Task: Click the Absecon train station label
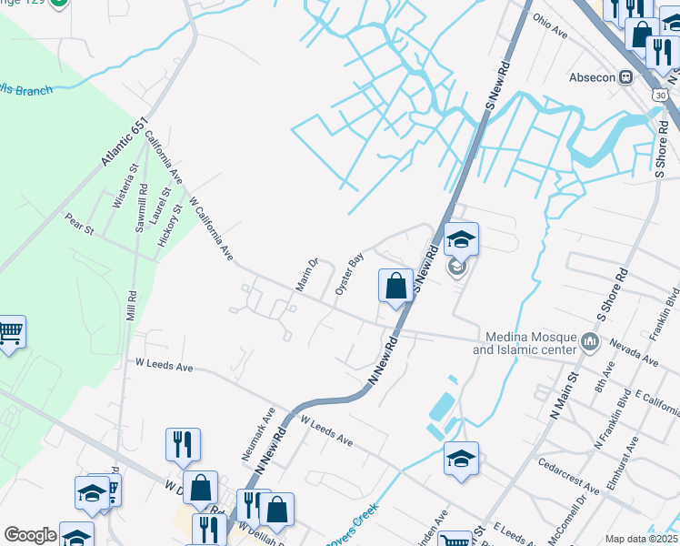coord(593,77)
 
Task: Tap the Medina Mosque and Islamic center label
coord(525,343)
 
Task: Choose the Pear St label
coord(79,223)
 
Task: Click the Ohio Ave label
coord(550,26)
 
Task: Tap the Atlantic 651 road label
coord(124,147)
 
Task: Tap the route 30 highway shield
coord(658,94)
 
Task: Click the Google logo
coord(30,535)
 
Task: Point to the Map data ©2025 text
coord(642,539)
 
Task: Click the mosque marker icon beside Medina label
coord(591,343)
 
